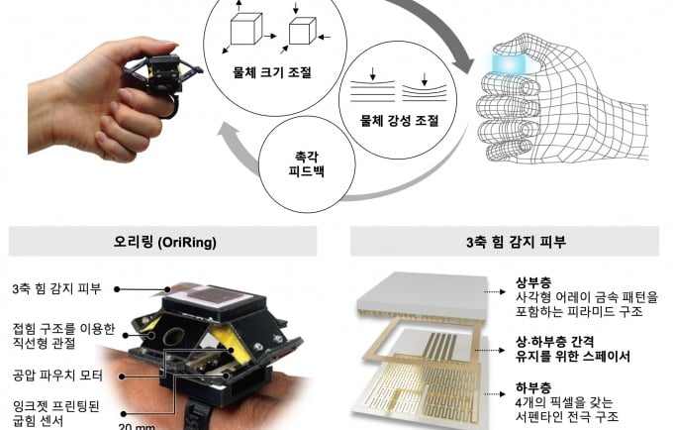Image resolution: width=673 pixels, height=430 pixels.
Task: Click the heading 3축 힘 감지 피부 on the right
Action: tap(505, 241)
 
